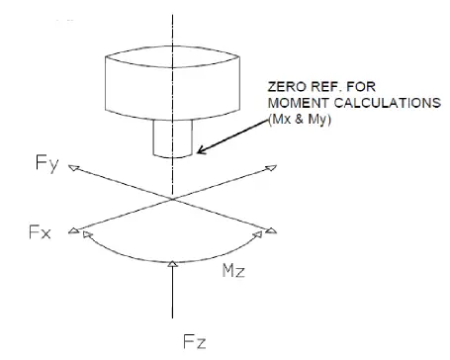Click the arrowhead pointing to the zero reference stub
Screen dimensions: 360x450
point(201,151)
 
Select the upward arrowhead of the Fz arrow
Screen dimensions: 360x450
point(174,262)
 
